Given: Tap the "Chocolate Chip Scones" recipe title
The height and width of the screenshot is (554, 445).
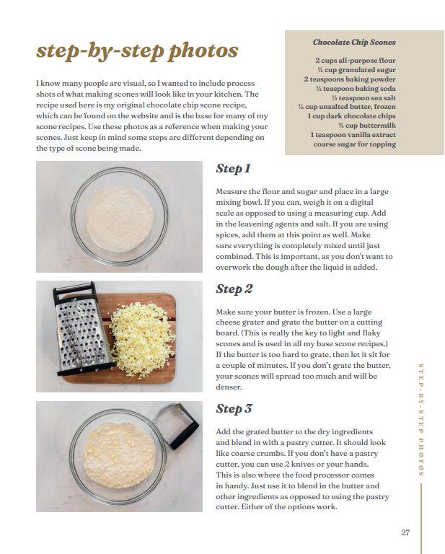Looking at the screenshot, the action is coord(354,43).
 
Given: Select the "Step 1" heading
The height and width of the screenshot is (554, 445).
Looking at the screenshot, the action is coord(234,169).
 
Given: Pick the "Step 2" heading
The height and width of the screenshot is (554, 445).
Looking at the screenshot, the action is coord(234,289).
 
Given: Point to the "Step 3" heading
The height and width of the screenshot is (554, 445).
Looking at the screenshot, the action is coord(234,409).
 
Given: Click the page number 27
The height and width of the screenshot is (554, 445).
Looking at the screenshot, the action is coord(405,532).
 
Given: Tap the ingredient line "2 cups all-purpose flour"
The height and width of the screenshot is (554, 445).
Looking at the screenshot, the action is coord(356,61).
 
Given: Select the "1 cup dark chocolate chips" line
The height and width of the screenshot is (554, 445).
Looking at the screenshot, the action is coord(352,116).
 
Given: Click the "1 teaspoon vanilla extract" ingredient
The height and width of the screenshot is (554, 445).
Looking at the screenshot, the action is coord(353,135).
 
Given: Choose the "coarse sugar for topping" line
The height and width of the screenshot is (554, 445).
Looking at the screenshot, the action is coord(355,144).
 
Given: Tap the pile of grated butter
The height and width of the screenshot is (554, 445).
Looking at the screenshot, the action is coord(142,339).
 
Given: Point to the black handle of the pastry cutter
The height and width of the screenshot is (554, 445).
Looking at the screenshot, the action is coord(184,435).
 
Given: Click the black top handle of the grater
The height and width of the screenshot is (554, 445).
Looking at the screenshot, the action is coord(74,290).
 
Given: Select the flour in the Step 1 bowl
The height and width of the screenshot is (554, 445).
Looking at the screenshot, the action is coord(120,219).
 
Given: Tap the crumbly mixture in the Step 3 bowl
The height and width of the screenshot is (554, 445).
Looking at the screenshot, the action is coord(119,455).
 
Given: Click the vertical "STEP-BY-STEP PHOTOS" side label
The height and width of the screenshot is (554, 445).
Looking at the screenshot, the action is coord(421,420).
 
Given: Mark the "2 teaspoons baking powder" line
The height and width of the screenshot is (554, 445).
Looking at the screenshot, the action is coord(350,79).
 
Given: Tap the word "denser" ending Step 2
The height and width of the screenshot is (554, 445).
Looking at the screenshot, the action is coord(229,387).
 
